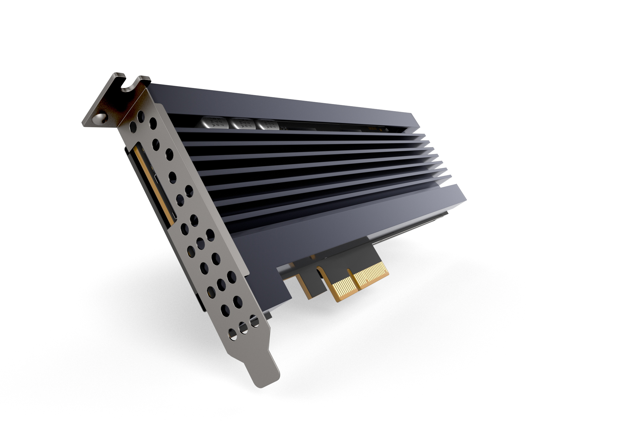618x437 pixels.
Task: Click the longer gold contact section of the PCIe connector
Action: click(x=371, y=276)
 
